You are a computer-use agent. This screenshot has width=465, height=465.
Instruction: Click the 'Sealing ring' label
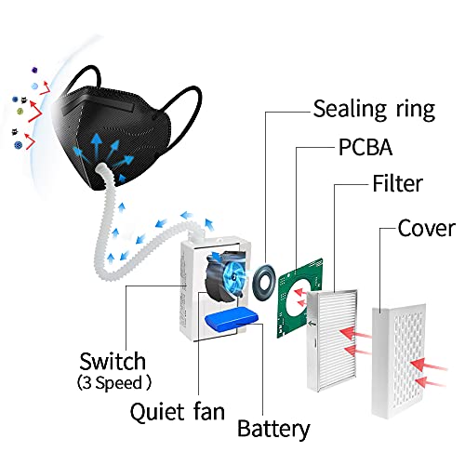tap(374, 110)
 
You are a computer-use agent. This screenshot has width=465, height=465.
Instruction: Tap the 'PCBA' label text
tap(365, 147)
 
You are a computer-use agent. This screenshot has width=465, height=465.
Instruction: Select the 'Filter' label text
tap(398, 183)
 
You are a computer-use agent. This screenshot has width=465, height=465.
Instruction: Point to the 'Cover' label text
tap(427, 229)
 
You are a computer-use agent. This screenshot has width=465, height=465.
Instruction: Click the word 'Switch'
tap(113, 362)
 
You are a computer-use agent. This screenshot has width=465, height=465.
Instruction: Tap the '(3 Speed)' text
tap(114, 383)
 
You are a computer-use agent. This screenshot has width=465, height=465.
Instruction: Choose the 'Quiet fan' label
tap(178, 412)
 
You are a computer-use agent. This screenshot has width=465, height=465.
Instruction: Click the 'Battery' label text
tap(273, 429)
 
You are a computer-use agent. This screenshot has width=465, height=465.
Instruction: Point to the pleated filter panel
tap(331, 340)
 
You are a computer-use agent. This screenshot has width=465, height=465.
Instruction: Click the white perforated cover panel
tap(398, 360)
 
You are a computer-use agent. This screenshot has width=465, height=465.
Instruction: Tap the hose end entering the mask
tap(101, 170)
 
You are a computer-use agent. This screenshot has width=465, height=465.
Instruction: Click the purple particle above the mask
tap(35, 70)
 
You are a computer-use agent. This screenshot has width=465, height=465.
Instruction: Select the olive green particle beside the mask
tap(20, 111)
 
